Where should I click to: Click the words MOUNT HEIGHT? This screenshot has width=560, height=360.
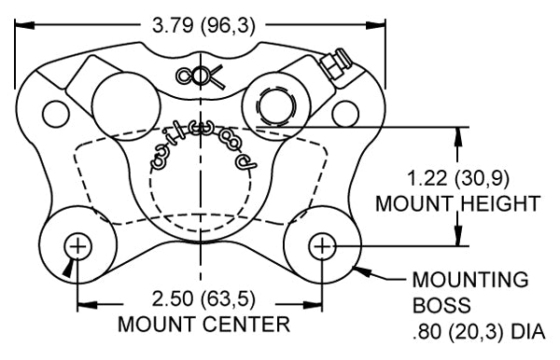point(458,203)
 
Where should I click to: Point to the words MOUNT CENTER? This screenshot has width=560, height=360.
point(203,324)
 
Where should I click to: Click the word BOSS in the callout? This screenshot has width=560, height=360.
point(441,305)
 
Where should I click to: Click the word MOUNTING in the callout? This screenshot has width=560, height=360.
point(470,280)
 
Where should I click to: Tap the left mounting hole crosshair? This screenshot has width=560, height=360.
point(77,246)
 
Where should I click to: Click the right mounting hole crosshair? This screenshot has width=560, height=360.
point(322,246)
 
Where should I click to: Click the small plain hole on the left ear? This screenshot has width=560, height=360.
point(56,114)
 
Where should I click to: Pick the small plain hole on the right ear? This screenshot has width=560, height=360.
point(345,114)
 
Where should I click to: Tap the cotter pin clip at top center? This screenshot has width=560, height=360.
point(200,76)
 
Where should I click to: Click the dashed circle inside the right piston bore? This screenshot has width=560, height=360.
point(276,106)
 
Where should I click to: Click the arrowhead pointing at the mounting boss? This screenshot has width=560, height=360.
point(362,271)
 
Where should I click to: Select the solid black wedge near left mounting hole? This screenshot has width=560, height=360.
point(69,269)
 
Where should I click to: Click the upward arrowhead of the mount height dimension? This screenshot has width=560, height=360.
point(458,136)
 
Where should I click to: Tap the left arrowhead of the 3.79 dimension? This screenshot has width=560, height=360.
point(24,25)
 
